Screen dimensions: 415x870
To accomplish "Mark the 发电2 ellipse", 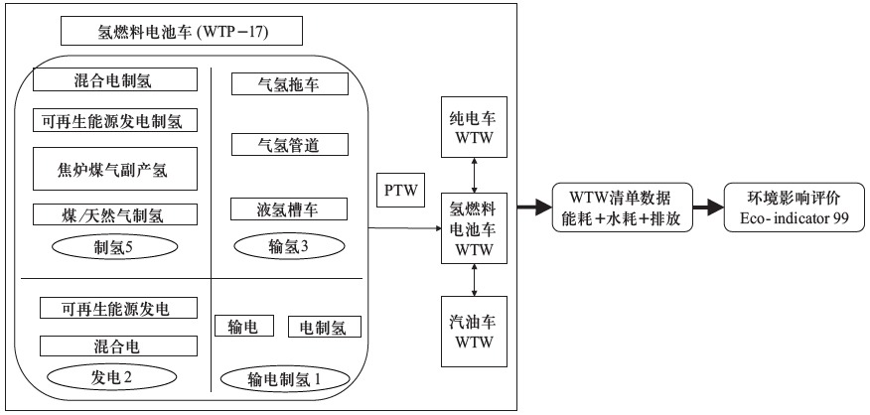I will [x=105, y=377].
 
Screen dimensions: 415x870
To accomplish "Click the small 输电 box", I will [x=243, y=327].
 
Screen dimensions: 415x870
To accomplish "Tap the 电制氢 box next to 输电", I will [x=324, y=327].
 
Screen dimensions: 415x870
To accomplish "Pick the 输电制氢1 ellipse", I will [x=285, y=378].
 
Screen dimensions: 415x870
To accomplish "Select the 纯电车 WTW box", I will [x=473, y=126].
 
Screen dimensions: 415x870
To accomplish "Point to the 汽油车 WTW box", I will [x=473, y=332].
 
